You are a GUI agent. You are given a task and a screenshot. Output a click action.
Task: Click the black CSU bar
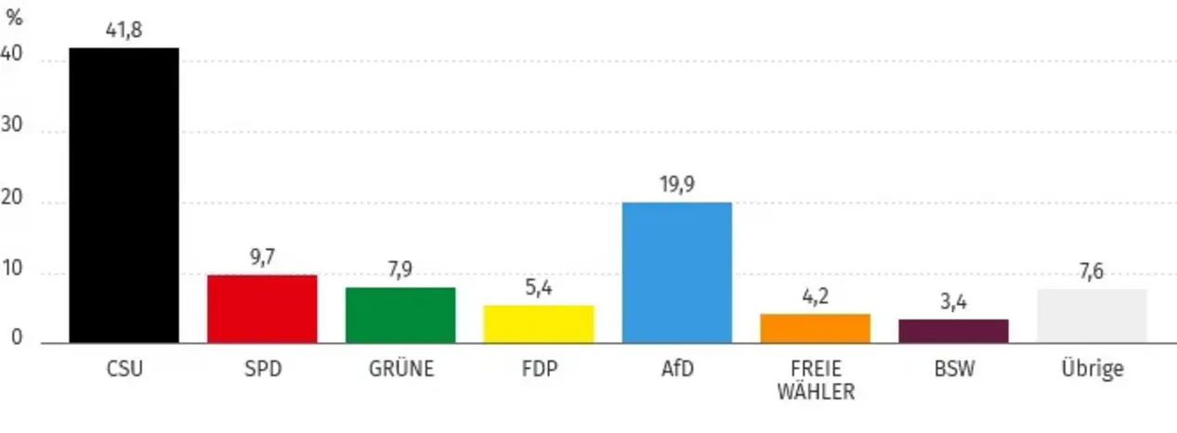124,195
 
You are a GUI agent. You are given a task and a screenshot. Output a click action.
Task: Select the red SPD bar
262,308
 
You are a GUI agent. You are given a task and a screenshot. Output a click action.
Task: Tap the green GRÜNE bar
400,315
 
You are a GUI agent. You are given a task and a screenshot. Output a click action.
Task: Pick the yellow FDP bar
539,323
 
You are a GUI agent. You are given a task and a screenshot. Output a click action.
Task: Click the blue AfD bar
676,272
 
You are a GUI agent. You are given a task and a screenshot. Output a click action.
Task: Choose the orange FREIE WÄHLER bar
815,328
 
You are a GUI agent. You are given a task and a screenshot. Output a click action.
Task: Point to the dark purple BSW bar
953,331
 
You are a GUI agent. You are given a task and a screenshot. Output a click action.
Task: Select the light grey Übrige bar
1092,316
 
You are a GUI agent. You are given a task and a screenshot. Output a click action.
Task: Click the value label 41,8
124,31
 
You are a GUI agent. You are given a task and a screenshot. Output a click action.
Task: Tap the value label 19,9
676,186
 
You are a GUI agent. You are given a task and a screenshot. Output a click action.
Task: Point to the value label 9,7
262,258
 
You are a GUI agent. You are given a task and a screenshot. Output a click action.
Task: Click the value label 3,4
953,303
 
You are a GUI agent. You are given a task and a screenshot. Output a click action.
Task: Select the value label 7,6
1092,272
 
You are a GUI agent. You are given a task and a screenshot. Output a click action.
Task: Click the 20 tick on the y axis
12,202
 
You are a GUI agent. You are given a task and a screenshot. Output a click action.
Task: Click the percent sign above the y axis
14,19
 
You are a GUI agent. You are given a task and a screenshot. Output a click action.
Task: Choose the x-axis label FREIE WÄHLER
815,380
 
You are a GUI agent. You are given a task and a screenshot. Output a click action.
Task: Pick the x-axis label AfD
676,369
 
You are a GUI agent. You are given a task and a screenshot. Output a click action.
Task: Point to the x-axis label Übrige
1092,369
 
